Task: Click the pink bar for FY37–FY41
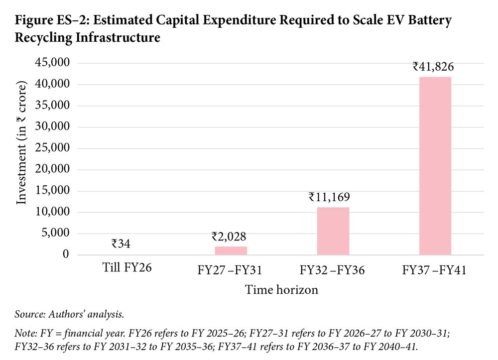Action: [x=435, y=166]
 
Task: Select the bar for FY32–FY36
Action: [x=333, y=231]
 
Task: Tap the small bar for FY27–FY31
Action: [x=231, y=250]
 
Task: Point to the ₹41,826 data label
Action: [x=433, y=67]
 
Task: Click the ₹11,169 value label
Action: [x=329, y=197]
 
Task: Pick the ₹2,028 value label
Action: [x=229, y=237]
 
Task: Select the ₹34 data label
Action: [x=121, y=244]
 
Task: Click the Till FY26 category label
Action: [x=127, y=267]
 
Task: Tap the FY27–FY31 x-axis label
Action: [x=230, y=270]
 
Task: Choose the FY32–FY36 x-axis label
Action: [x=332, y=270]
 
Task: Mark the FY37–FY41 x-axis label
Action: [x=434, y=270]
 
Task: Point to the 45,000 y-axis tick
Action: [x=52, y=63]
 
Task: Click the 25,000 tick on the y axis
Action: [x=52, y=147]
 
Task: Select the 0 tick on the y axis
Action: [x=66, y=254]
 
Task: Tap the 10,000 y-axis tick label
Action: [x=52, y=212]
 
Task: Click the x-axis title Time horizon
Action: [x=281, y=290]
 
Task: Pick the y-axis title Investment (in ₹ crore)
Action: [x=21, y=143]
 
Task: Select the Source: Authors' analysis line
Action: [x=69, y=314]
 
